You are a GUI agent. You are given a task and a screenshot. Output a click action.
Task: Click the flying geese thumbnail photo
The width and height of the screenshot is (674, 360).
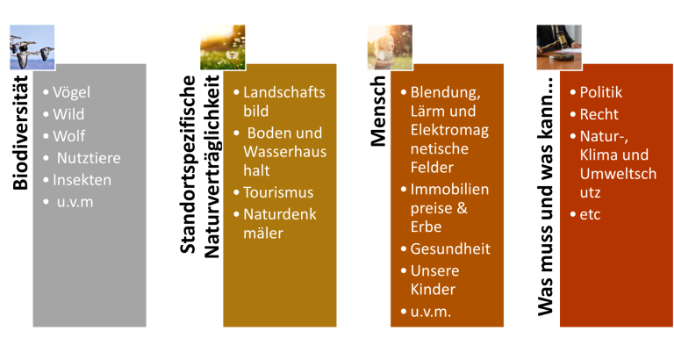click(x=32, y=47)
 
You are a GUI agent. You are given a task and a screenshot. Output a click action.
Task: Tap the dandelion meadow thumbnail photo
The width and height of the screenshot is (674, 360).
click(x=223, y=47)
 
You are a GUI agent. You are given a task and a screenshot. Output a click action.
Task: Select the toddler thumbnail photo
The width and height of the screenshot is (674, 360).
click(x=390, y=47)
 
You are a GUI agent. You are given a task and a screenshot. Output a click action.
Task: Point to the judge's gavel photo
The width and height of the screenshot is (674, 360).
click(x=559, y=47)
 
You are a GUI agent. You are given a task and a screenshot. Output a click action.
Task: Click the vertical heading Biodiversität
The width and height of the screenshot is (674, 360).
click(x=20, y=133)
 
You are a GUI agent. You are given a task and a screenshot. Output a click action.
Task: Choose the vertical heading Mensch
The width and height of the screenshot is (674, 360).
click(x=378, y=111)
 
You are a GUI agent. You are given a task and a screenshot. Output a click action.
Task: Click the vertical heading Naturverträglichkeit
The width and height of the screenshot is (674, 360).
click(x=212, y=167)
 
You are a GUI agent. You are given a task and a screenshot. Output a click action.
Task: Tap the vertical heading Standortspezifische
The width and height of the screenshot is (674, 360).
click(x=188, y=165)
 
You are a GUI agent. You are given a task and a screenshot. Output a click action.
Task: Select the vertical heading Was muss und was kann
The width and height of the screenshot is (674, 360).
click(x=545, y=197)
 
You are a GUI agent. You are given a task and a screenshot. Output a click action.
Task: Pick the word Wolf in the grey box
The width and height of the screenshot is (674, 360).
click(x=68, y=136)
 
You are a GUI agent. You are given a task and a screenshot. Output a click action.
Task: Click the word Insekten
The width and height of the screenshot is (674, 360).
click(x=82, y=180)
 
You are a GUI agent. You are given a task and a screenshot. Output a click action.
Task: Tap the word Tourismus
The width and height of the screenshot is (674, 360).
click(x=278, y=192)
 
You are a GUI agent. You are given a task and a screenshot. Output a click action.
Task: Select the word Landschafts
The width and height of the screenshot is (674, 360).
click(x=284, y=92)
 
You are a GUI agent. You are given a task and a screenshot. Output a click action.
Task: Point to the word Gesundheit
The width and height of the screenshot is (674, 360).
click(x=450, y=248)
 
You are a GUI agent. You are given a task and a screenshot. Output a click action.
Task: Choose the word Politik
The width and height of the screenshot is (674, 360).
click(x=600, y=92)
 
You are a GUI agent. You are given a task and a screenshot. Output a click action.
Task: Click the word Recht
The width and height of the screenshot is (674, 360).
click(x=599, y=114)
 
